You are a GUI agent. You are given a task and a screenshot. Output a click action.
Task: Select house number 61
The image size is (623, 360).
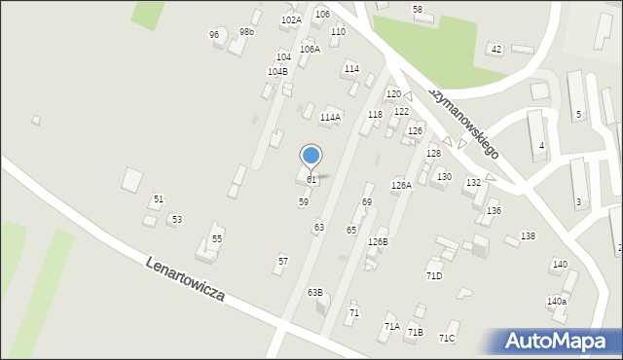tap(311, 180)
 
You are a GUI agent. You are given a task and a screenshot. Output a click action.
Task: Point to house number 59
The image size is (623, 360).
tap(304, 201)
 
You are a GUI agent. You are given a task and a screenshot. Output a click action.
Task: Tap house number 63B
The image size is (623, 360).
tap(314, 292)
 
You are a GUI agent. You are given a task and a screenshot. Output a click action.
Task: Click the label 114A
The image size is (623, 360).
tap(330, 117)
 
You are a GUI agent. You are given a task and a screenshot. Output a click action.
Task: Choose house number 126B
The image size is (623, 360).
tap(378, 241)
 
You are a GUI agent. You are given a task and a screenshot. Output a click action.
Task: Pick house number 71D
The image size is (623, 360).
tap(434, 275)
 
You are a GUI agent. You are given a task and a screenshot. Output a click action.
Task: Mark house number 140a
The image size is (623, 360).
tap(556, 302)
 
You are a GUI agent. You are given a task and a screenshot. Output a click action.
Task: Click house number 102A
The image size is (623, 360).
tap(291, 19)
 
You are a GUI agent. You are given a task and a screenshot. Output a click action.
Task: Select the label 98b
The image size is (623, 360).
tap(247, 31)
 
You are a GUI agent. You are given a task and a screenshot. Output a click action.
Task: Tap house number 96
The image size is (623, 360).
tap(214, 35)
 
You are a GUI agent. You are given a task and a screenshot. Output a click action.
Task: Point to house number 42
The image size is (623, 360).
tap(496, 49)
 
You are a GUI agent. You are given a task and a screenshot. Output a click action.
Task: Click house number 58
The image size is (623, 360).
tap(418, 9)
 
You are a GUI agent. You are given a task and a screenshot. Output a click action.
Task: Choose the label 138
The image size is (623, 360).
tap(528, 236)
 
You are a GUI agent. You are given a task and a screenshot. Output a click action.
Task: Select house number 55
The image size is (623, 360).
tap(217, 238)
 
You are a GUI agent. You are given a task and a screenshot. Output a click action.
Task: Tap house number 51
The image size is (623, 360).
tap(159, 198)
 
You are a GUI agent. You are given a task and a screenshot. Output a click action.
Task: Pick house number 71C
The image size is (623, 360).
tap(447, 338)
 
